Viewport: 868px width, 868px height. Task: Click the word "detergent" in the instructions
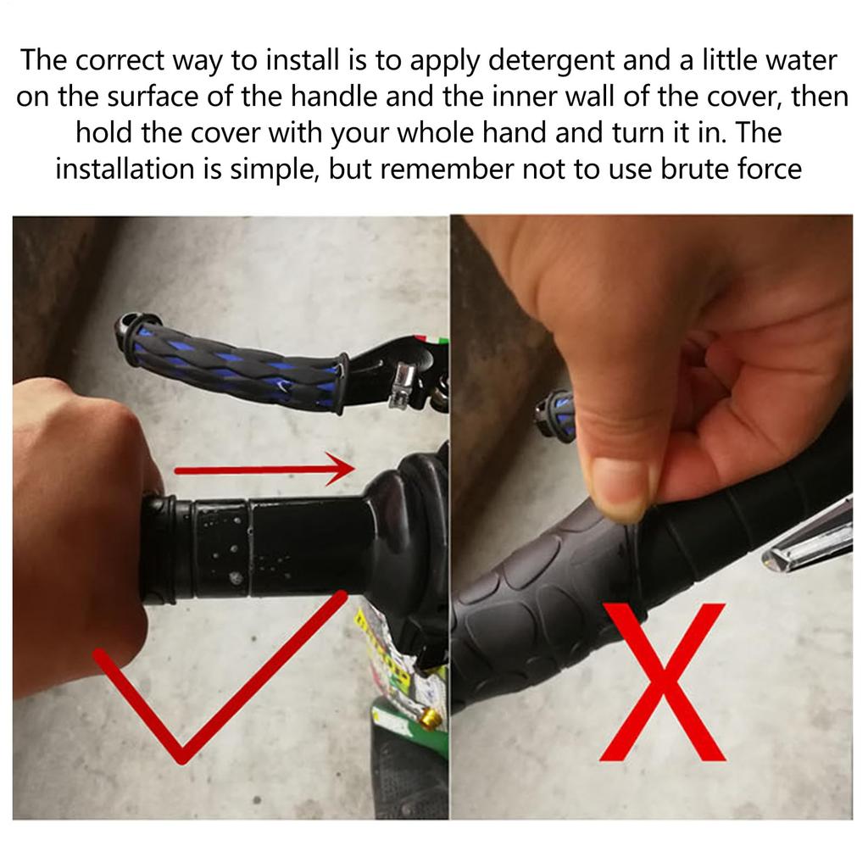pyautogui.click(x=551, y=62)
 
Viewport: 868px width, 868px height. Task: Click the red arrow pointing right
pyautogui.click(x=264, y=470)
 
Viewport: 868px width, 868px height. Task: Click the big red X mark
pyautogui.click(x=663, y=682)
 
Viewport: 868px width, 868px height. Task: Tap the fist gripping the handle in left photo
pyautogui.click(x=83, y=531)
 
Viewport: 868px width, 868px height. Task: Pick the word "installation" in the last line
pyautogui.click(x=125, y=169)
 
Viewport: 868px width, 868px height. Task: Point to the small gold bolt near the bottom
pyautogui.click(x=429, y=719)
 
